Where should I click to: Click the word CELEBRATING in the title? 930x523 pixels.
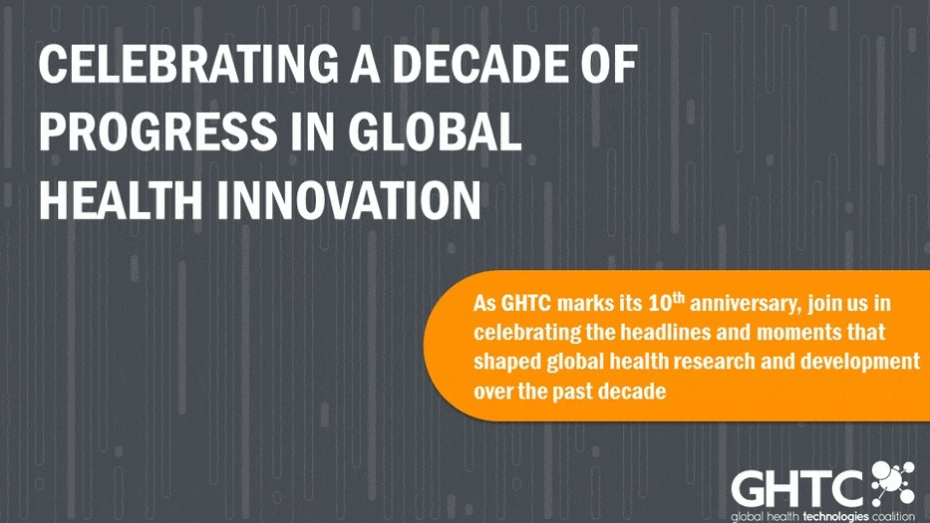[x=188, y=64]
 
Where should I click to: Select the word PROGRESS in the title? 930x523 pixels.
[x=157, y=131]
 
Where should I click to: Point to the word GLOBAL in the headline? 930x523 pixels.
[x=435, y=131]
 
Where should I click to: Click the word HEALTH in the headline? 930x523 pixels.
[x=121, y=200]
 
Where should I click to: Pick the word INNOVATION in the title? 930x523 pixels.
[x=348, y=200]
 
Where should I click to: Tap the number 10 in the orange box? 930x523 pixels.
[x=660, y=303]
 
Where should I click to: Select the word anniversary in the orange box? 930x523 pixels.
[x=746, y=304]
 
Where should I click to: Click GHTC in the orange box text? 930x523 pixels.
[x=526, y=304]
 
